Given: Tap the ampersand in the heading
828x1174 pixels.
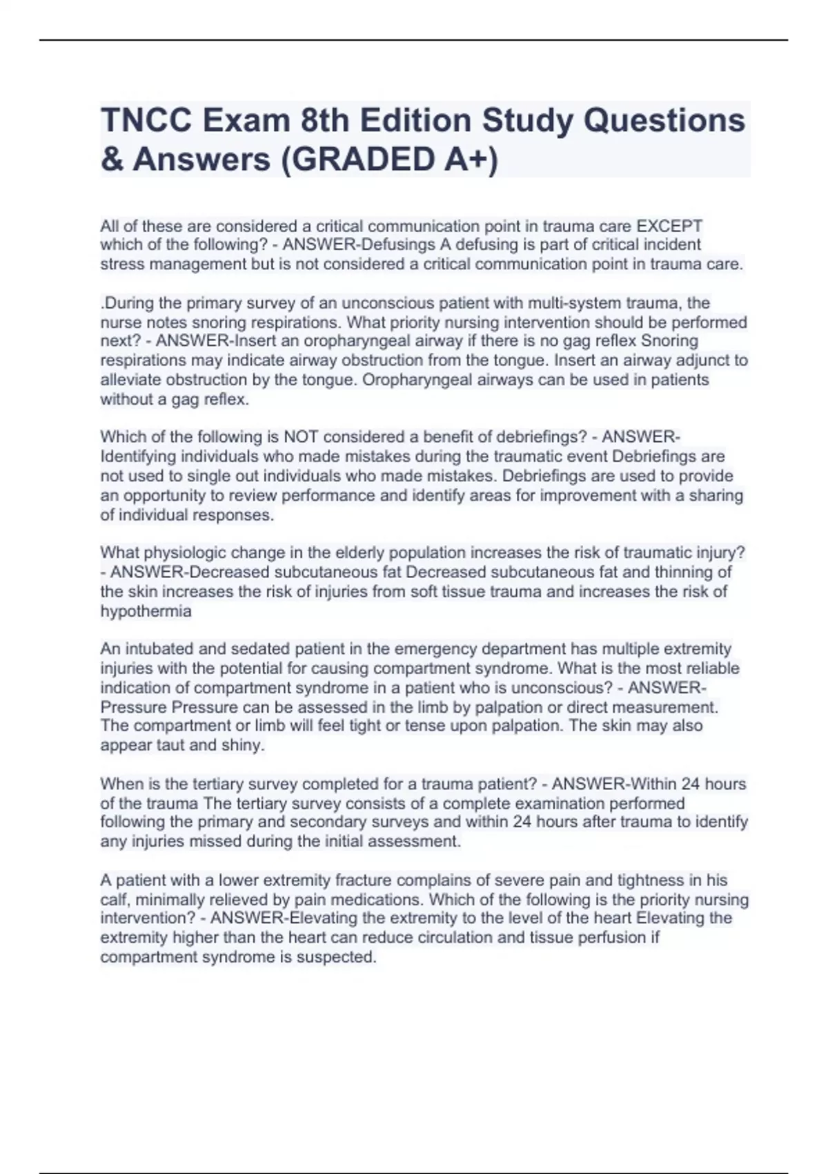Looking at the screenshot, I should pos(110,160).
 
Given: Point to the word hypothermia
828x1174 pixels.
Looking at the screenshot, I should pos(146,611).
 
